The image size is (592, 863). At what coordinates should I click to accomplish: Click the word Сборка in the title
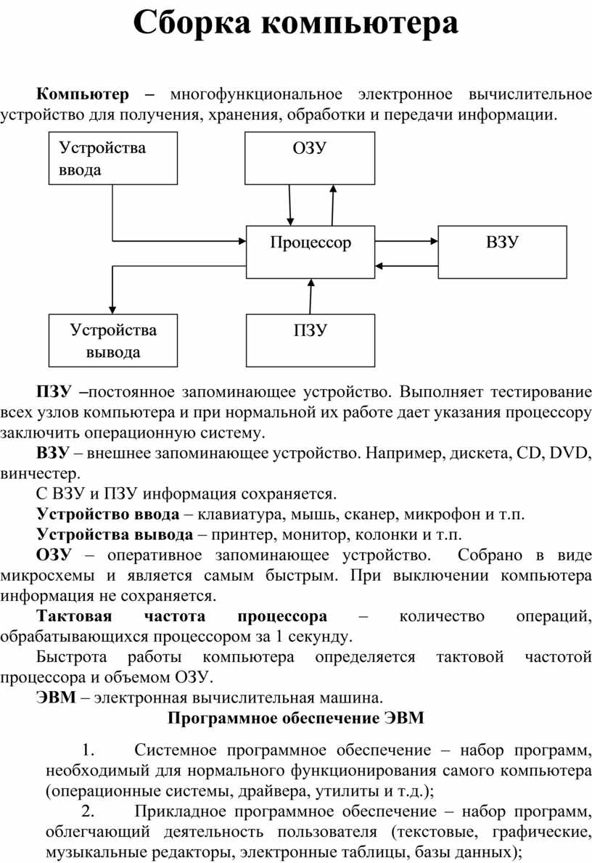tap(192, 24)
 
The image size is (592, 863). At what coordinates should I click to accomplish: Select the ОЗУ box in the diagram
tap(310, 158)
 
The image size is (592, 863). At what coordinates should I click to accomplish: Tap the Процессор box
tap(311, 252)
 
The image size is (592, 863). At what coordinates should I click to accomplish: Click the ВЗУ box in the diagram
tap(502, 252)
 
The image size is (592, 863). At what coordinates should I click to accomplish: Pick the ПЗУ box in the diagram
tap(311, 340)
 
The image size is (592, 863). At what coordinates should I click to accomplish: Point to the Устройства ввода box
tap(112, 158)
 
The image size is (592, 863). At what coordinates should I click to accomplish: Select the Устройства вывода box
tap(112, 340)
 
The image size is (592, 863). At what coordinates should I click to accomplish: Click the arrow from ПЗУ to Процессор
tap(311, 296)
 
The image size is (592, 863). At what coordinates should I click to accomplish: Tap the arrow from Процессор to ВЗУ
tap(406, 240)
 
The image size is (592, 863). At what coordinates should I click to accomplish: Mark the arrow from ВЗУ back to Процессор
tap(406, 266)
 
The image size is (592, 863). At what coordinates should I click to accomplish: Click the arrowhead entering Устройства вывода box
tap(112, 310)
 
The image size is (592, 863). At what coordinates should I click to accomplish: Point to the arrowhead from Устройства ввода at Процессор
tap(242, 240)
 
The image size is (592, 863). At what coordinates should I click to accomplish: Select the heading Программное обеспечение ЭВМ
tap(296, 719)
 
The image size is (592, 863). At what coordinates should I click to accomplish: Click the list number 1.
tap(88, 750)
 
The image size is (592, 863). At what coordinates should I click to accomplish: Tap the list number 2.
tap(88, 811)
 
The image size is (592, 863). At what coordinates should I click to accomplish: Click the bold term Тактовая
tap(74, 616)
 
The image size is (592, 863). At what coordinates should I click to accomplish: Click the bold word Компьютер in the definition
tap(83, 94)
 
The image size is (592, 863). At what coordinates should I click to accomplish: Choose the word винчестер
tap(40, 473)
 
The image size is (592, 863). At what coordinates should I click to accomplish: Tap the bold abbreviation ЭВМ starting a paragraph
tap(56, 698)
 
